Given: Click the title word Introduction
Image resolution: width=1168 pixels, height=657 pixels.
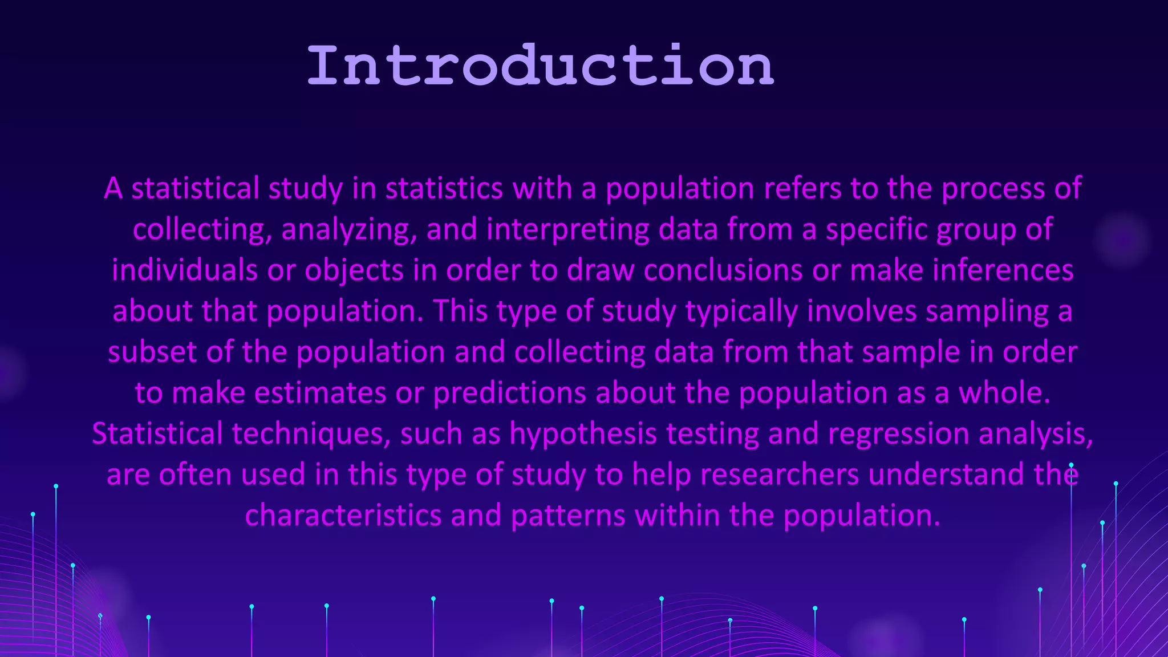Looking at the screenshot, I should coord(540,66).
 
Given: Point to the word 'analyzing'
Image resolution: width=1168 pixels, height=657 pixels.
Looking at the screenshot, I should coord(349,230).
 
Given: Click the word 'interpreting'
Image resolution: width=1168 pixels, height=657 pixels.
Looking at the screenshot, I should coord(567,230).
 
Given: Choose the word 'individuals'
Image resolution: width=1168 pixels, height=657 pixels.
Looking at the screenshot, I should coord(184,270).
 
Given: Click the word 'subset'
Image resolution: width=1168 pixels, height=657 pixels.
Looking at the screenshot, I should coord(152,352).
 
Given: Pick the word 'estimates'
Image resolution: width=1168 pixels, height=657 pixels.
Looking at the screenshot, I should coord(320,393).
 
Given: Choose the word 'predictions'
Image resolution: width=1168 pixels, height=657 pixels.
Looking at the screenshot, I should coord(510,393).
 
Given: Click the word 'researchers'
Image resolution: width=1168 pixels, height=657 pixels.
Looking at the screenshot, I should coord(780,474).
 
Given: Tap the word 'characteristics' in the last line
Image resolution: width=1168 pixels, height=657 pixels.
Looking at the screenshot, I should coord(343,516).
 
